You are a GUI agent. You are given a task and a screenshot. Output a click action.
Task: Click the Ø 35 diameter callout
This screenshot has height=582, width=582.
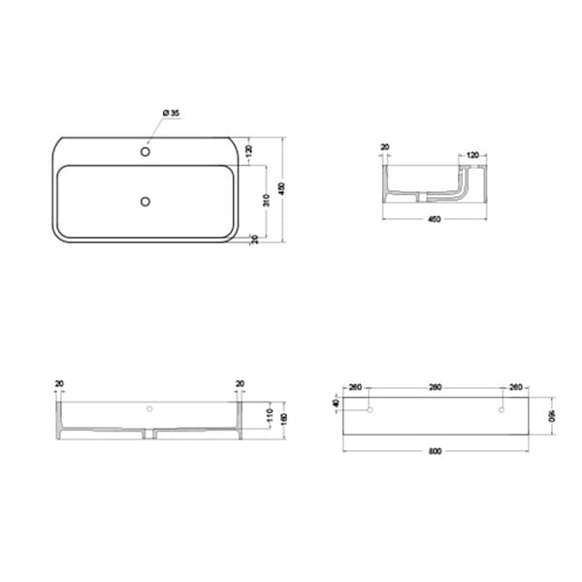coord(171,113)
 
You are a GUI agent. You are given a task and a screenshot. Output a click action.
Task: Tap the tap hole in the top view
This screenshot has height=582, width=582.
coord(145,152)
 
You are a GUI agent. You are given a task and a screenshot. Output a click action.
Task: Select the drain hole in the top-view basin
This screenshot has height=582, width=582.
coord(145,201)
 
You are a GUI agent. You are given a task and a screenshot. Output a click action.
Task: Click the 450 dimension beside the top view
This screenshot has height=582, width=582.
coord(281,189)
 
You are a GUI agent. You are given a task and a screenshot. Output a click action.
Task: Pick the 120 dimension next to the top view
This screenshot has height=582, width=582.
coord(250,151)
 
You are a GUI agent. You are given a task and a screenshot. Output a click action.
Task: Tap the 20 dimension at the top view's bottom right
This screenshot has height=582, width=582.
coord(254,239)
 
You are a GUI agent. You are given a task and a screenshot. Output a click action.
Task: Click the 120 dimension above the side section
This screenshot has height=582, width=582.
coord(473,154)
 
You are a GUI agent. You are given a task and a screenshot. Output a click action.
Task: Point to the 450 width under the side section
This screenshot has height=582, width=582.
coord(434,219)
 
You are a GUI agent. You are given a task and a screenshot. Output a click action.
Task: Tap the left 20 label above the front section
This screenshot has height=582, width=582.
coord(59,384)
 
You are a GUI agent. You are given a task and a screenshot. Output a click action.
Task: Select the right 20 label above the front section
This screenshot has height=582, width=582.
coord(240,384)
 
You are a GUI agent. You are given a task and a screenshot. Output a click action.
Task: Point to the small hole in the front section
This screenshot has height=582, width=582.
coord(149,409)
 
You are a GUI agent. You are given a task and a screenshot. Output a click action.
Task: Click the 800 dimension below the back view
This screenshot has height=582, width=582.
coord(436,452)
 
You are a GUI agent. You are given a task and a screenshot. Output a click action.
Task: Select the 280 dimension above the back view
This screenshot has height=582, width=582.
coord(435,388)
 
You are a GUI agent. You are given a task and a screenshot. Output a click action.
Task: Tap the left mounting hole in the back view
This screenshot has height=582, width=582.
coord(370,410)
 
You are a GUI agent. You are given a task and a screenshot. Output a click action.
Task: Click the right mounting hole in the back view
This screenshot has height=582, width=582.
coord(501,410)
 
